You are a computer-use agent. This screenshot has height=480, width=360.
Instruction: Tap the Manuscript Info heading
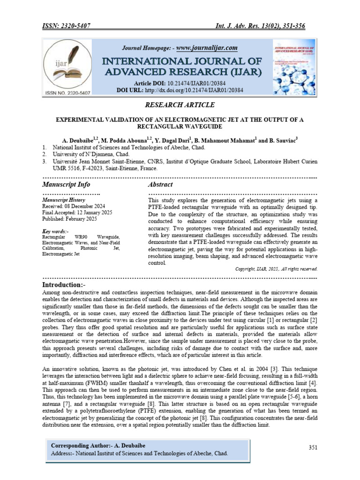66,185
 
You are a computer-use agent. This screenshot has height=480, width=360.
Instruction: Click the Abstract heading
160,185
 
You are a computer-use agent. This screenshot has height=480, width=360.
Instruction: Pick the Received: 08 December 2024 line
74,206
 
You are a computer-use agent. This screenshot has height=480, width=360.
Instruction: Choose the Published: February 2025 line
69,218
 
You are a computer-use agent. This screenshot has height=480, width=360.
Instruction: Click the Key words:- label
55,231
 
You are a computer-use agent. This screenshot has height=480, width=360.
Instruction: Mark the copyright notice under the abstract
276,269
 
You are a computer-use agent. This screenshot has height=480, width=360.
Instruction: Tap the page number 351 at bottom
313,448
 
